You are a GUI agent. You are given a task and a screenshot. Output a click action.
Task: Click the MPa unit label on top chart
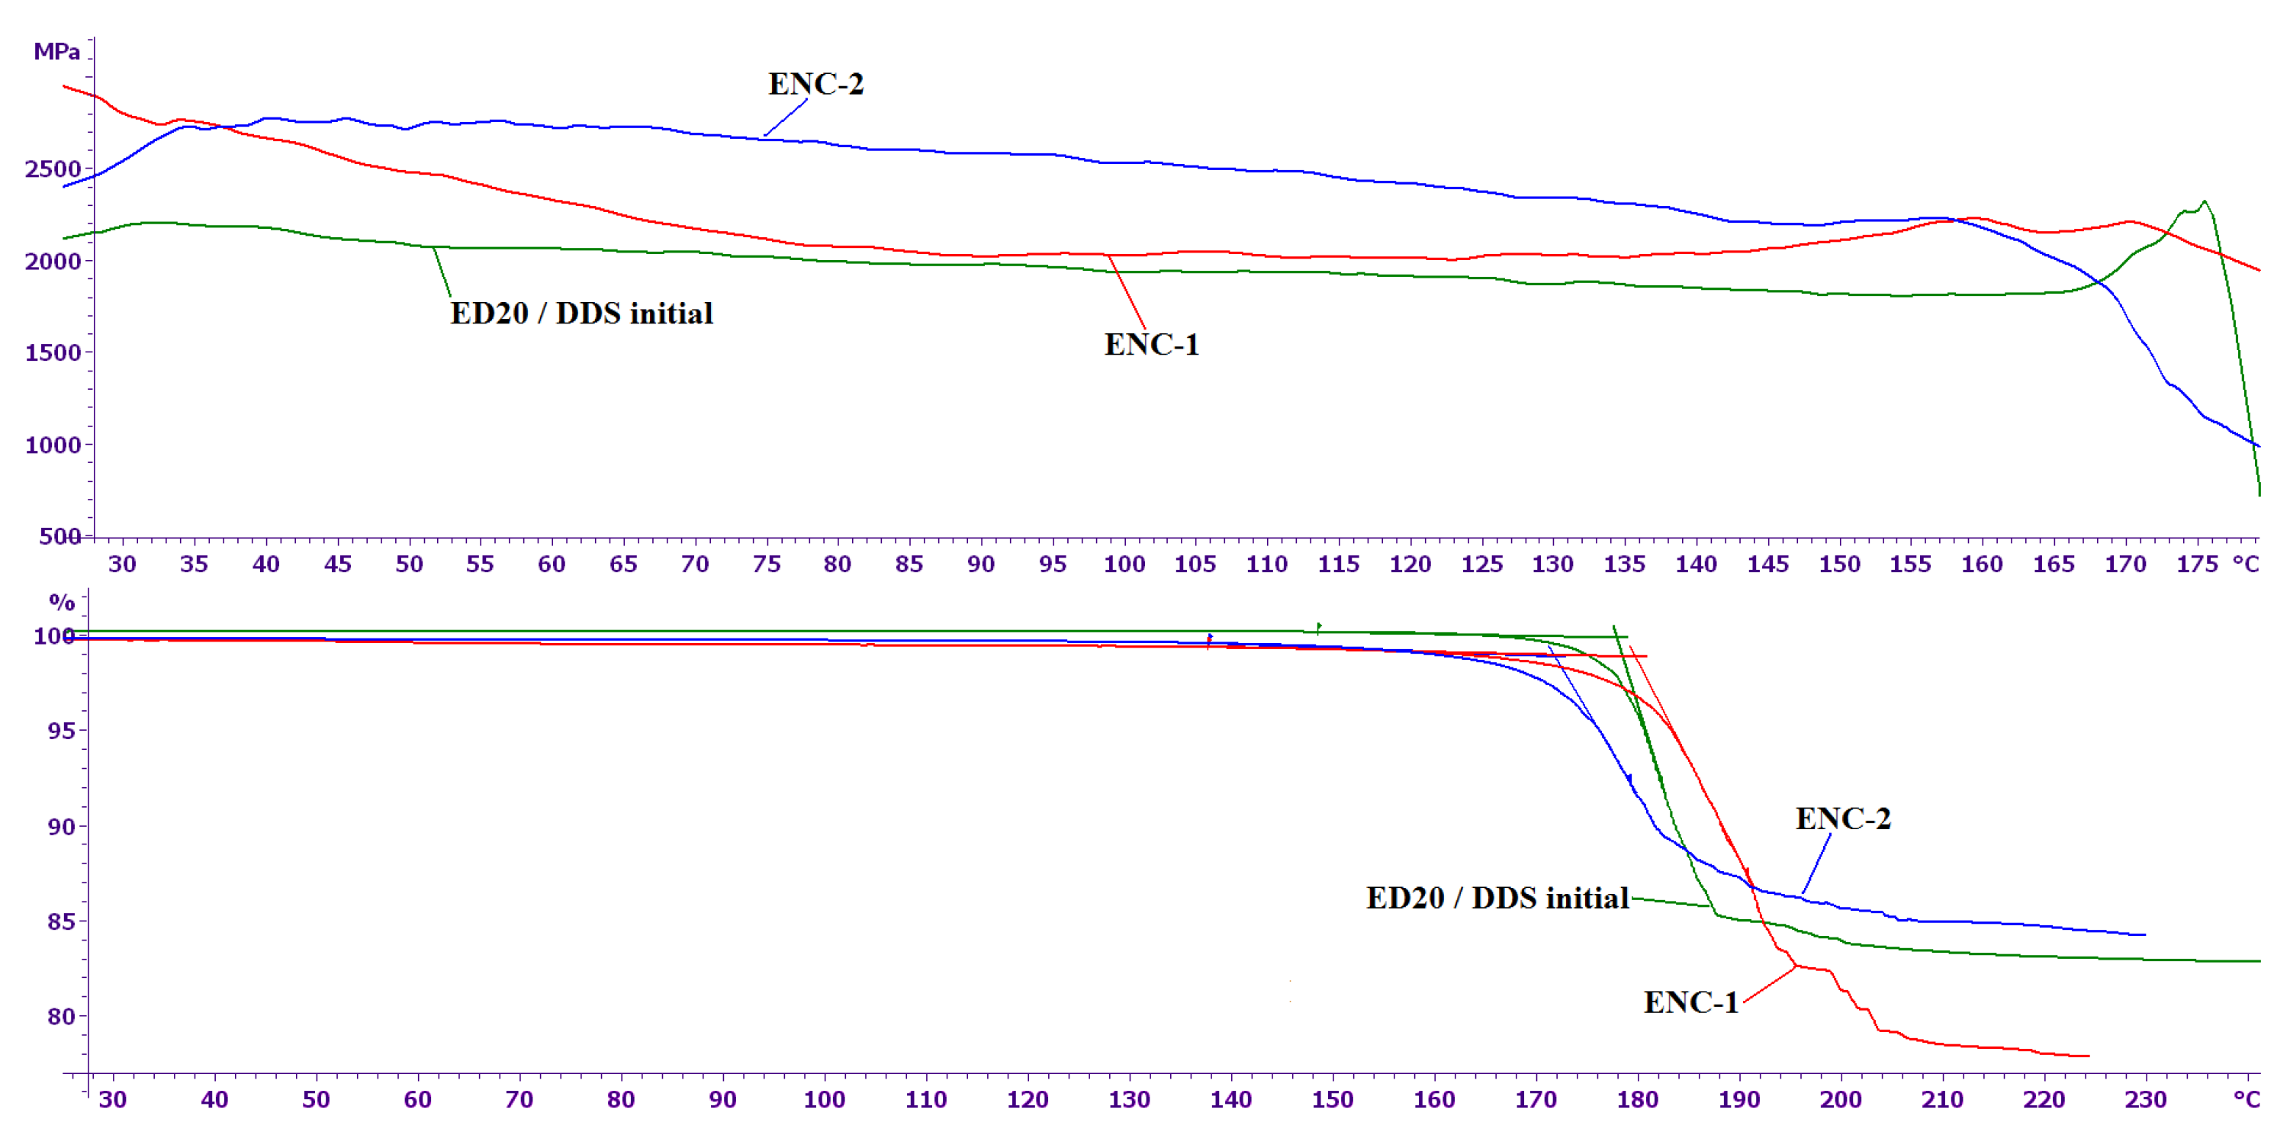pyautogui.click(x=57, y=52)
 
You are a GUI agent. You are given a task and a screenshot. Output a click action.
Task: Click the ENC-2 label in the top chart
pyautogui.click(x=815, y=85)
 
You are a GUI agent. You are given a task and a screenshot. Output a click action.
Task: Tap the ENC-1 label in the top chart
pyautogui.click(x=1151, y=345)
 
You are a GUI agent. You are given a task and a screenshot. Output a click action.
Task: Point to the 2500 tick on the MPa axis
pyautogui.click(x=53, y=169)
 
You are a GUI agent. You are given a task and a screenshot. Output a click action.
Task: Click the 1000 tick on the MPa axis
pyautogui.click(x=53, y=445)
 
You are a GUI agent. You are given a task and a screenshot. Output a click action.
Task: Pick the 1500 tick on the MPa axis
pyautogui.click(x=53, y=353)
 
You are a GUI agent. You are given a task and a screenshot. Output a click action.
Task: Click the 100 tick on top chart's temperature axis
pyautogui.click(x=1124, y=564)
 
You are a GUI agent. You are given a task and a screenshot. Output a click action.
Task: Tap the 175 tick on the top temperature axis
pyautogui.click(x=2197, y=564)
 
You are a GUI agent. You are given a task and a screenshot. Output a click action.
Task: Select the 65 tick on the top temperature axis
pyautogui.click(x=623, y=564)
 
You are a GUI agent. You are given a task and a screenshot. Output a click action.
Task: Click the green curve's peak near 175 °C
pyautogui.click(x=2204, y=202)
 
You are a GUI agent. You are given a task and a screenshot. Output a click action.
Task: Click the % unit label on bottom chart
pyautogui.click(x=61, y=603)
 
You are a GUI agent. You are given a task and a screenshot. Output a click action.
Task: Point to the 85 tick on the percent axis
pyautogui.click(x=61, y=921)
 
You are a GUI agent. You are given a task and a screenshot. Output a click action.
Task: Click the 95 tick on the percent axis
pyautogui.click(x=61, y=731)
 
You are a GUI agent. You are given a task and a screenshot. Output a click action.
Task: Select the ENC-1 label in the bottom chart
pyautogui.click(x=1690, y=1003)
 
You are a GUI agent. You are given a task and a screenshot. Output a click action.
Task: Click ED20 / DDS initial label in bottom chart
pyautogui.click(x=1497, y=898)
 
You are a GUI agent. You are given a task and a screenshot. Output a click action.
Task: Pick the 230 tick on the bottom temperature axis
pyautogui.click(x=2145, y=1100)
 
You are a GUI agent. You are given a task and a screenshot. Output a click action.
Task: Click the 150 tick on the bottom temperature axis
pyautogui.click(x=1332, y=1100)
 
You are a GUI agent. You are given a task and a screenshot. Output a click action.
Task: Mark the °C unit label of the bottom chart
pyautogui.click(x=2247, y=1100)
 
